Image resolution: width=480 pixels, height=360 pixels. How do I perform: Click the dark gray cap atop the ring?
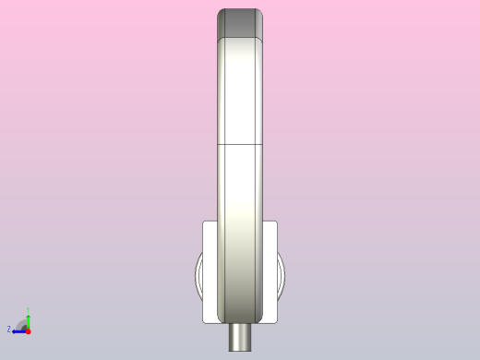(240, 23)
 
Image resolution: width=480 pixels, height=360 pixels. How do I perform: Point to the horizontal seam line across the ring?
(240, 145)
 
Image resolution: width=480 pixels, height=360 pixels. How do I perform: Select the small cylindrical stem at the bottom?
(240, 336)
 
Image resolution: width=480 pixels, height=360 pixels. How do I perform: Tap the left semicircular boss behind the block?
(198, 277)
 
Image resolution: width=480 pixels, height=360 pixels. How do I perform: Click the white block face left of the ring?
(210, 272)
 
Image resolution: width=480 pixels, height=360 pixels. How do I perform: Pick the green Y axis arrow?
(28, 320)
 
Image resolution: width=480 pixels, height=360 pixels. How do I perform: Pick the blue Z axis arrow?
(18, 330)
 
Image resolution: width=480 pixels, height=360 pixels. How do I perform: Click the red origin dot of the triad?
(28, 330)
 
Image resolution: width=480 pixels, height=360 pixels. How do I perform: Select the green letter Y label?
(28, 310)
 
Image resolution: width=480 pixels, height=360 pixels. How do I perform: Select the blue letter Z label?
(9, 330)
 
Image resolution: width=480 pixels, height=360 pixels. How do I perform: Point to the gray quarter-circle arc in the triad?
(21, 323)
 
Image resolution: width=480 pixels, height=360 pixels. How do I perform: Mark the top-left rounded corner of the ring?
(221, 13)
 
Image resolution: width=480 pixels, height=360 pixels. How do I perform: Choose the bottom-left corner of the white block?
(203, 321)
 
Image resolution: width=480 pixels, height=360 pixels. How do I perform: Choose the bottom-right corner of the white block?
(277, 321)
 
